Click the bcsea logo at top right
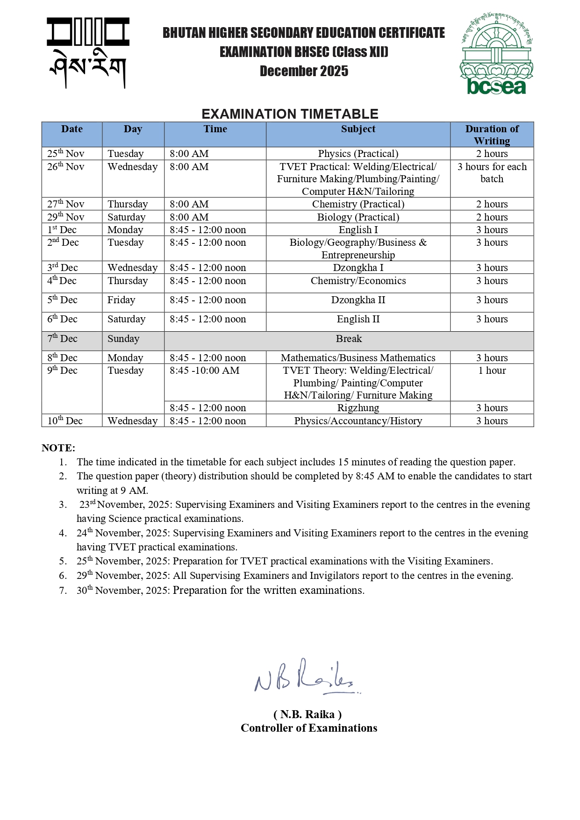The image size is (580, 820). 496,54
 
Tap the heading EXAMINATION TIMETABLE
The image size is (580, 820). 290,114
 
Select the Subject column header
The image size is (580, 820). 358,129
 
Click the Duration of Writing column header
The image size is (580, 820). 492,135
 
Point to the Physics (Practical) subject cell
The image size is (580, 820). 358,154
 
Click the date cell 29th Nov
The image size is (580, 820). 66,217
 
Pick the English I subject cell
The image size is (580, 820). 358,230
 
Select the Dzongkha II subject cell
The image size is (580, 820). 358,300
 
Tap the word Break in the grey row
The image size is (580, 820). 349,339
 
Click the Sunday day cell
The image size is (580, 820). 123,339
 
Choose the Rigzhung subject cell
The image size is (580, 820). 358,408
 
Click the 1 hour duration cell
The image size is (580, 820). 492,371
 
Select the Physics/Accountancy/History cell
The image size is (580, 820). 358,421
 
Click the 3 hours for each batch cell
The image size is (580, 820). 492,173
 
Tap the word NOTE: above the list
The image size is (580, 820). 58,448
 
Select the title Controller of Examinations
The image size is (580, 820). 309,728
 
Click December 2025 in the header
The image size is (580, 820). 304,71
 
